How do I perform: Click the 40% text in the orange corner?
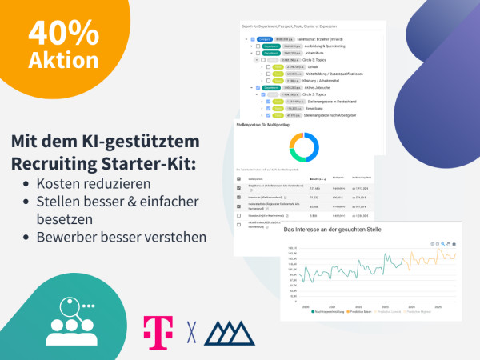point(64,33)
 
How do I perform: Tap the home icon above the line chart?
point(454,242)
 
